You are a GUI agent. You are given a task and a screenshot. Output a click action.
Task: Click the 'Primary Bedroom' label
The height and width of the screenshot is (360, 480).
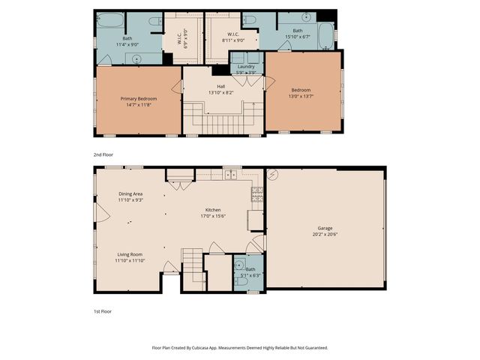click(x=137, y=98)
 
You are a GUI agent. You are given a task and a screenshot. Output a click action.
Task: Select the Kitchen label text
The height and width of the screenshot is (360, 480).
click(x=213, y=210)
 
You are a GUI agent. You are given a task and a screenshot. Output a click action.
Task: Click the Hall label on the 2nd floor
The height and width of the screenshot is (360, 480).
click(x=220, y=86)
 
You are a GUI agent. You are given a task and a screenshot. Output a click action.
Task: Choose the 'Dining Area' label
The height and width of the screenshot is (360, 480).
click(x=130, y=194)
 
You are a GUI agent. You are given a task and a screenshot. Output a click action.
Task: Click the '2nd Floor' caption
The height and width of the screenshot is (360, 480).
click(x=102, y=154)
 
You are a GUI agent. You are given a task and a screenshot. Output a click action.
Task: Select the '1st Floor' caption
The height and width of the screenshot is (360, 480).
click(x=101, y=310)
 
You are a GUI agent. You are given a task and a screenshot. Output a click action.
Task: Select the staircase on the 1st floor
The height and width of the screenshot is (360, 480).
click(x=193, y=265)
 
